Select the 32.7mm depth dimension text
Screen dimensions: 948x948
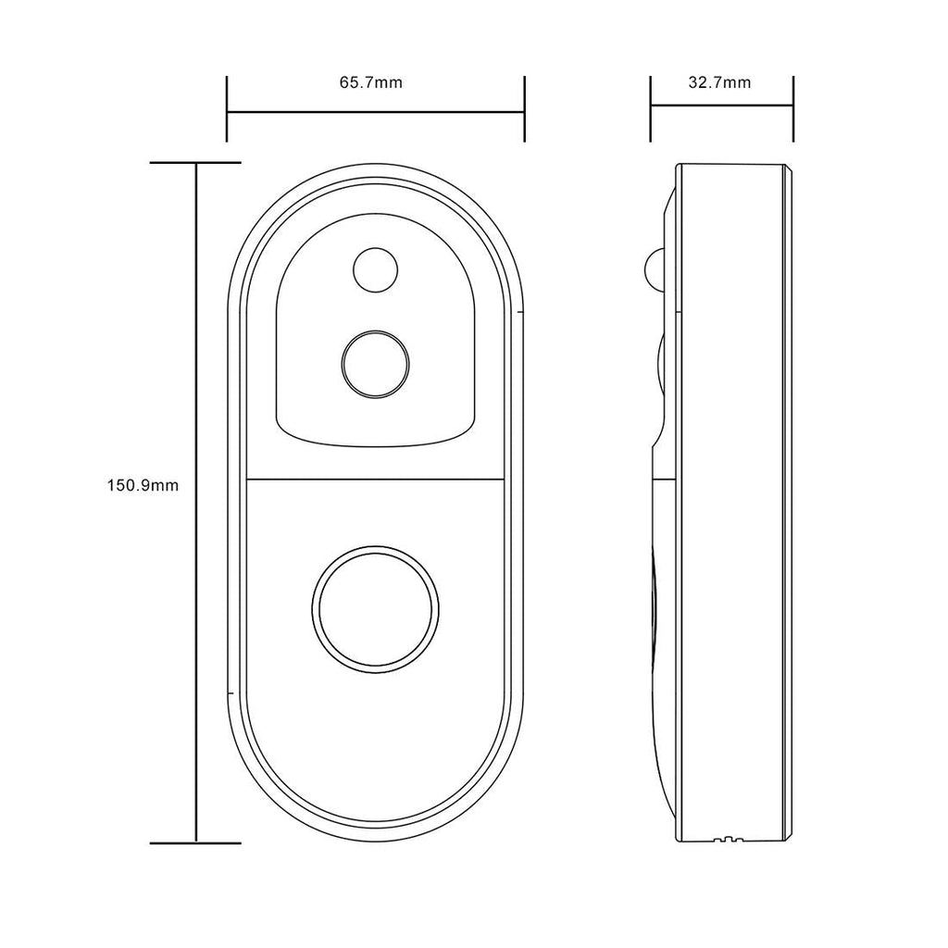pyautogui.click(x=719, y=82)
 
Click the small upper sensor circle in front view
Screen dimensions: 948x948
pyautogui.click(x=375, y=269)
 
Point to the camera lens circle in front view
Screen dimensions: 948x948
pyautogui.click(x=375, y=363)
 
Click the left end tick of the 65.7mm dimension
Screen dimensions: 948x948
pyautogui.click(x=228, y=109)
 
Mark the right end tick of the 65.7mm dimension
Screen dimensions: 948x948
pyautogui.click(x=524, y=109)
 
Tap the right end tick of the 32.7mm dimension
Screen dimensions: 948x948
pyautogui.click(x=793, y=109)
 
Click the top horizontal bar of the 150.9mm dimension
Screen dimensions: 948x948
pyautogui.click(x=195, y=162)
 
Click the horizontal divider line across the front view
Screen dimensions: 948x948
pyautogui.click(x=375, y=479)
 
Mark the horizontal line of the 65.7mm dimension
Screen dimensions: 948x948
pyautogui.click(x=376, y=113)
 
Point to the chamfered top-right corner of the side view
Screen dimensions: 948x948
pyautogui.click(x=790, y=170)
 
